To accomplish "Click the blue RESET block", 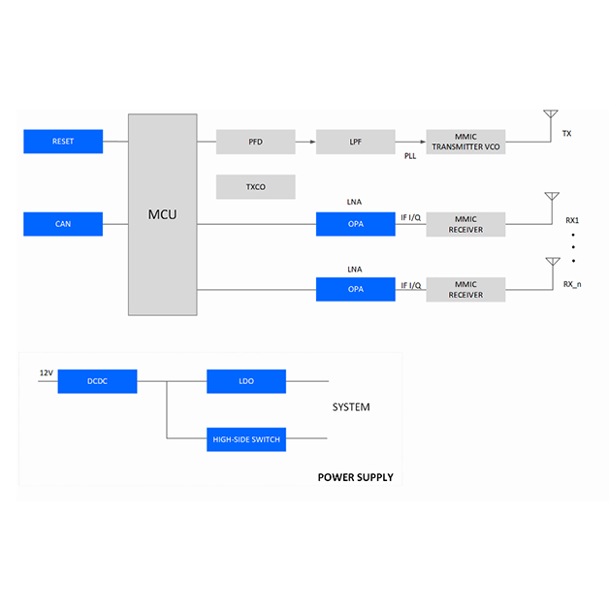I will click(x=63, y=142).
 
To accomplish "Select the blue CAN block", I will click(x=63, y=224).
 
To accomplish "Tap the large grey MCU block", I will click(x=162, y=214).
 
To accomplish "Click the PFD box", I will click(x=255, y=142).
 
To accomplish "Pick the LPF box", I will click(x=355, y=142).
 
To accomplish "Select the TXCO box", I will click(x=255, y=186).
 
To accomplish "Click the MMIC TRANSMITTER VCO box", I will click(x=465, y=142).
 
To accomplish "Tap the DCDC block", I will click(x=97, y=381).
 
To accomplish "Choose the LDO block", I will click(x=245, y=381).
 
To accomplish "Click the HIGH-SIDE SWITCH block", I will click(x=245, y=439).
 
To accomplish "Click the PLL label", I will click(x=411, y=155).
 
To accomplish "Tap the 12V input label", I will click(x=46, y=373).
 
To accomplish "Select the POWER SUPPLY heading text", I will click(x=355, y=477).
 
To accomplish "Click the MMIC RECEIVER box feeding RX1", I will click(x=465, y=224).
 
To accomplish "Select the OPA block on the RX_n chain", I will click(x=355, y=289).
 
